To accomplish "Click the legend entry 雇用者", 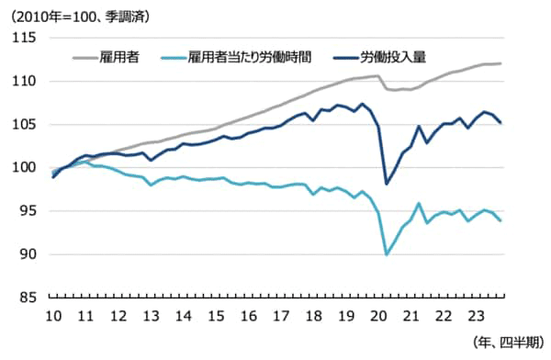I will pyautogui.click(x=119, y=57).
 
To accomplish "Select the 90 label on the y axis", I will pyautogui.click(x=28, y=254).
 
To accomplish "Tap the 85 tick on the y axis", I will pyautogui.click(x=28, y=298).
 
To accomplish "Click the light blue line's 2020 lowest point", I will pyautogui.click(x=387, y=253).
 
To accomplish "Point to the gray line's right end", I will pyautogui.click(x=500, y=63).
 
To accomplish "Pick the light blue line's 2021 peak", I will pyautogui.click(x=419, y=203).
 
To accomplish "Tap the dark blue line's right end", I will pyautogui.click(x=500, y=123).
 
